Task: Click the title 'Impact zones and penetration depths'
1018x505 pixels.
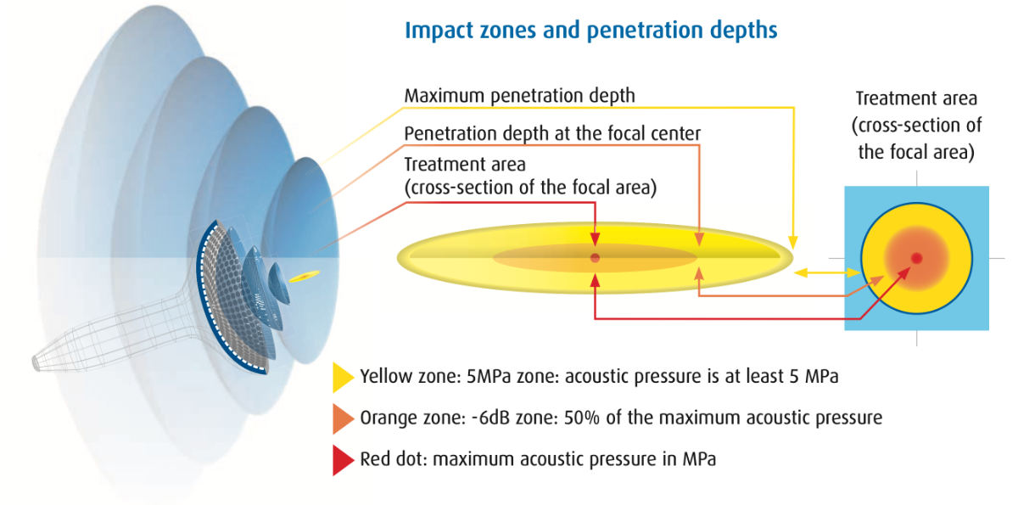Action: [x=590, y=31]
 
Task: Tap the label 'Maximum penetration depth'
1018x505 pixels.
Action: [x=519, y=96]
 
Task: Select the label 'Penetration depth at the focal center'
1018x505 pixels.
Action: [x=552, y=133]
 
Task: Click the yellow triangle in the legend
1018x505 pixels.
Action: [x=343, y=378]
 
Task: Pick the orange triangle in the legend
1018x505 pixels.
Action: [x=343, y=418]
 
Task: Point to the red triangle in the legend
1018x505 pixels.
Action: [x=343, y=460]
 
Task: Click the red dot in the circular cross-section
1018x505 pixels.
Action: [x=917, y=258]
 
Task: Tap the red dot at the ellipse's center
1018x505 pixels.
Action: [x=595, y=258]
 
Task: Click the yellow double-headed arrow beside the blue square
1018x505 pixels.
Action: [x=826, y=272]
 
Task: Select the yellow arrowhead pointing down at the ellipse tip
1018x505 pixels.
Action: [x=793, y=242]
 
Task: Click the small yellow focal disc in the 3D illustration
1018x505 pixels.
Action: [x=304, y=277]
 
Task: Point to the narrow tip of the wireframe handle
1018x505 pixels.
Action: [x=36, y=363]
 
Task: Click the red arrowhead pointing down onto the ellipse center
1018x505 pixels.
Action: [x=595, y=239]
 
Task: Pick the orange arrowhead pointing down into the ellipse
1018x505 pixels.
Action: [x=699, y=239]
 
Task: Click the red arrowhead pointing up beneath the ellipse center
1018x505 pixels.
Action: [x=595, y=281]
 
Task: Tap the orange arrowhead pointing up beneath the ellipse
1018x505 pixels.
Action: [x=699, y=274]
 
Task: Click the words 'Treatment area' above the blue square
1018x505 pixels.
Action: [x=916, y=98]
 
